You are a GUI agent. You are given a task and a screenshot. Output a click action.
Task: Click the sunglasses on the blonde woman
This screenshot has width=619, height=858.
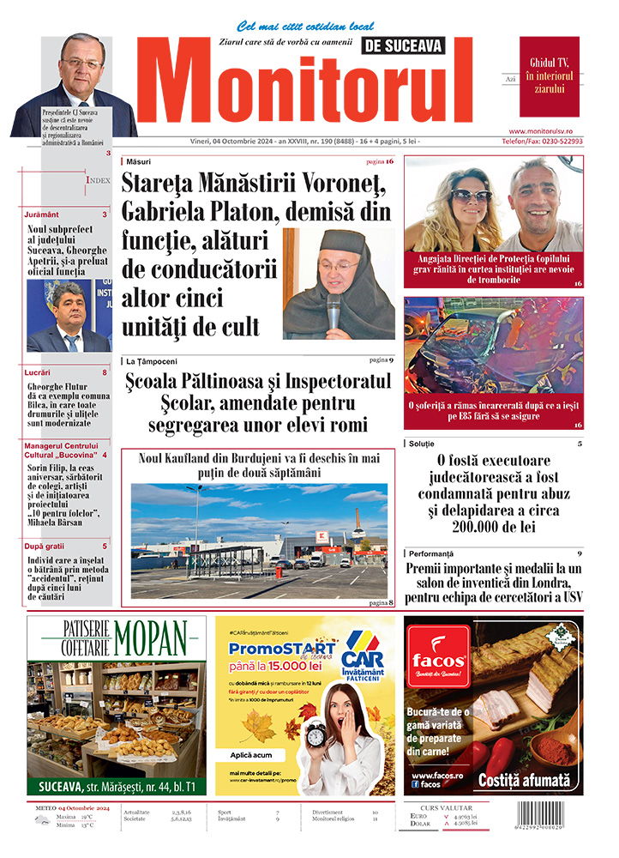coord(469,195)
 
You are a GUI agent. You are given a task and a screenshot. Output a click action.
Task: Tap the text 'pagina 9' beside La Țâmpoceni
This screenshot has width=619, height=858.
coord(381,360)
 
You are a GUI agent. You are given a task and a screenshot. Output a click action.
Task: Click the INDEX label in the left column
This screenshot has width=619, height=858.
coord(98,180)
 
